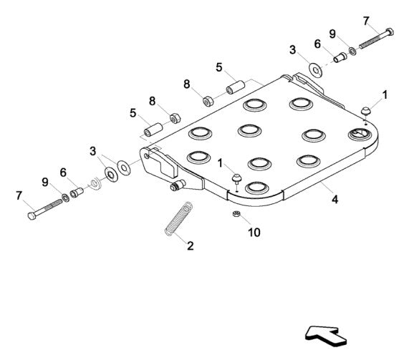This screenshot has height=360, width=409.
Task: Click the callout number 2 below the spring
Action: point(189,245)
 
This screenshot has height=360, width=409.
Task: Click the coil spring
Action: point(176,218)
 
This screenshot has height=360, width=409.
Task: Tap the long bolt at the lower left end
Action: point(44,210)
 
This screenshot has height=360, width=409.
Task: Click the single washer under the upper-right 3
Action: point(314,70)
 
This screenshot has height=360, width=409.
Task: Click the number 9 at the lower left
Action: point(44,183)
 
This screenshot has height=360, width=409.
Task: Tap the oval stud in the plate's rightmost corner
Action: point(356,135)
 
